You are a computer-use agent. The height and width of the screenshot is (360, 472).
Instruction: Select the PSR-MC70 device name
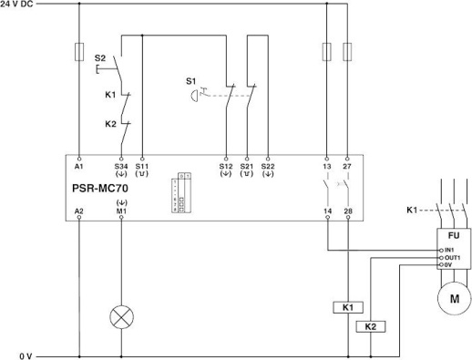coord(105,190)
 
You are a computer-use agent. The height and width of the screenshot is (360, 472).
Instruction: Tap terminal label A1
coord(79,167)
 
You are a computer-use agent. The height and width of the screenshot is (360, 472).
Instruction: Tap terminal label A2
coord(79,211)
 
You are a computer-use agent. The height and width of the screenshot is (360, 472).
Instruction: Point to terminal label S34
coord(121,167)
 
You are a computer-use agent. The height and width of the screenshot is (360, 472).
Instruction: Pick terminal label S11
coord(142,167)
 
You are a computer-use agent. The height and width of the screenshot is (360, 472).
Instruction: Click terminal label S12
coord(225,167)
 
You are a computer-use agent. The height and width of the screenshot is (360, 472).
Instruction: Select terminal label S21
coord(246,167)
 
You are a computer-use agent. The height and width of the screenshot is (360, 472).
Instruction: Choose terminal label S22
coord(267,167)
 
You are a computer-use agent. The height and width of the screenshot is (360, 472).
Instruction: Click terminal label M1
coord(121,211)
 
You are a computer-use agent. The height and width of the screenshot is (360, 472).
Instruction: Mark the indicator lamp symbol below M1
coord(121,319)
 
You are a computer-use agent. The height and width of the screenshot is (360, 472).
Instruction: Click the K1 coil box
coord(348,308)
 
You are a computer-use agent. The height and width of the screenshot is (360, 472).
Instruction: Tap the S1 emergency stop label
coord(191,81)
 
